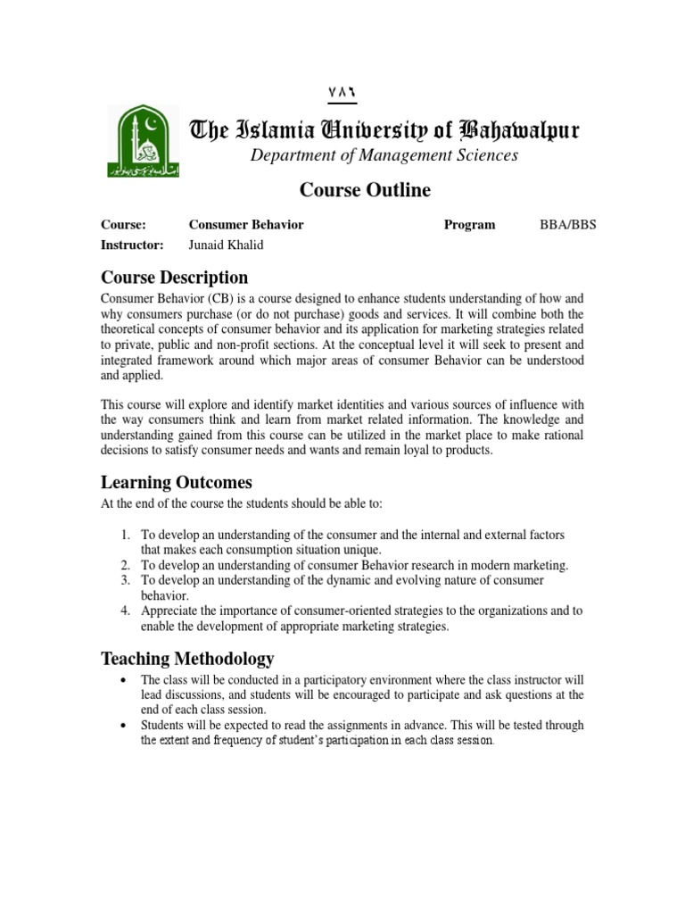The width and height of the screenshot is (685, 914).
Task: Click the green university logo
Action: point(142,141)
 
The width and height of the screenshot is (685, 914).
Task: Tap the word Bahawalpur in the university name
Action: point(518,132)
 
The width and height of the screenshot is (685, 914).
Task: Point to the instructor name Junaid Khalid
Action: point(227,245)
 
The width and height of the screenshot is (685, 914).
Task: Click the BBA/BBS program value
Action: point(568,225)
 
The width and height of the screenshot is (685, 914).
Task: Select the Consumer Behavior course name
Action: point(246,225)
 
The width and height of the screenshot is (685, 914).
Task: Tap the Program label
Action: point(469,225)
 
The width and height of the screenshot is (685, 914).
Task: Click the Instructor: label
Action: point(132,245)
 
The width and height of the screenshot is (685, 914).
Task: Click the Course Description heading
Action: point(174,278)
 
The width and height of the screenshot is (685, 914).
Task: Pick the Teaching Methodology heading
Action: point(187,660)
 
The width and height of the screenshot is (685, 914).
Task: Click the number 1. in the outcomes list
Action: point(126,535)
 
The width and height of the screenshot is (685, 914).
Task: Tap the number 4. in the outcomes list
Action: point(126,611)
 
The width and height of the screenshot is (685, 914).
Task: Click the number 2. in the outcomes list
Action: point(126,566)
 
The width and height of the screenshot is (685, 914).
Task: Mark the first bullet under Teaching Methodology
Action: point(122,680)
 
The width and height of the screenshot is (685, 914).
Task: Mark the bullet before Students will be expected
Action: point(122,727)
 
